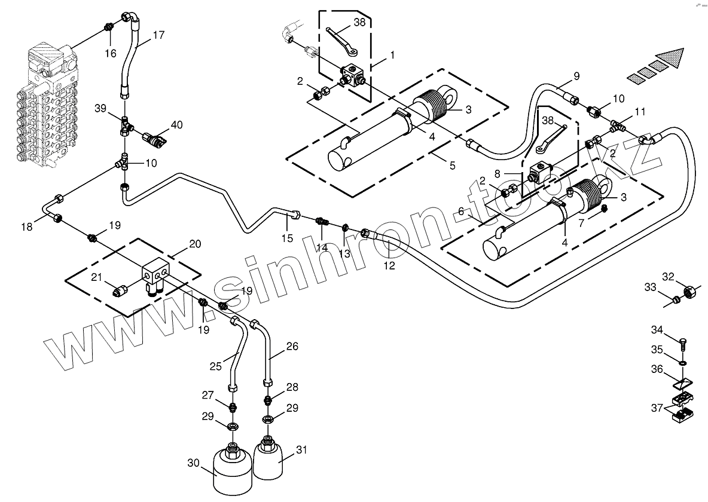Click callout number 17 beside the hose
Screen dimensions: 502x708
(158, 35)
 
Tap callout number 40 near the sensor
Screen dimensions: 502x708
(176, 125)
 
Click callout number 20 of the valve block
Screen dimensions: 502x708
(195, 244)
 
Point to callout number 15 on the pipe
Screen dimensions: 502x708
(287, 238)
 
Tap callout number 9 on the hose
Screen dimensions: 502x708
(576, 76)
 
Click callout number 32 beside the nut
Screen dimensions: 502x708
(668, 276)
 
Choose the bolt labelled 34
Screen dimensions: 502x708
(683, 342)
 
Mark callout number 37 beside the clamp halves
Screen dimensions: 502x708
(657, 408)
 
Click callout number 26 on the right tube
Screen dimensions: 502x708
(292, 346)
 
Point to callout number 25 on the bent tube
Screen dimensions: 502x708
(216, 366)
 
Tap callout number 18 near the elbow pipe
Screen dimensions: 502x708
(27, 226)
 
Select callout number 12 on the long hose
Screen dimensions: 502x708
(389, 266)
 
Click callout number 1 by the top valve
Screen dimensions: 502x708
(392, 54)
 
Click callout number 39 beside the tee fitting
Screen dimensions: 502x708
(100, 108)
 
